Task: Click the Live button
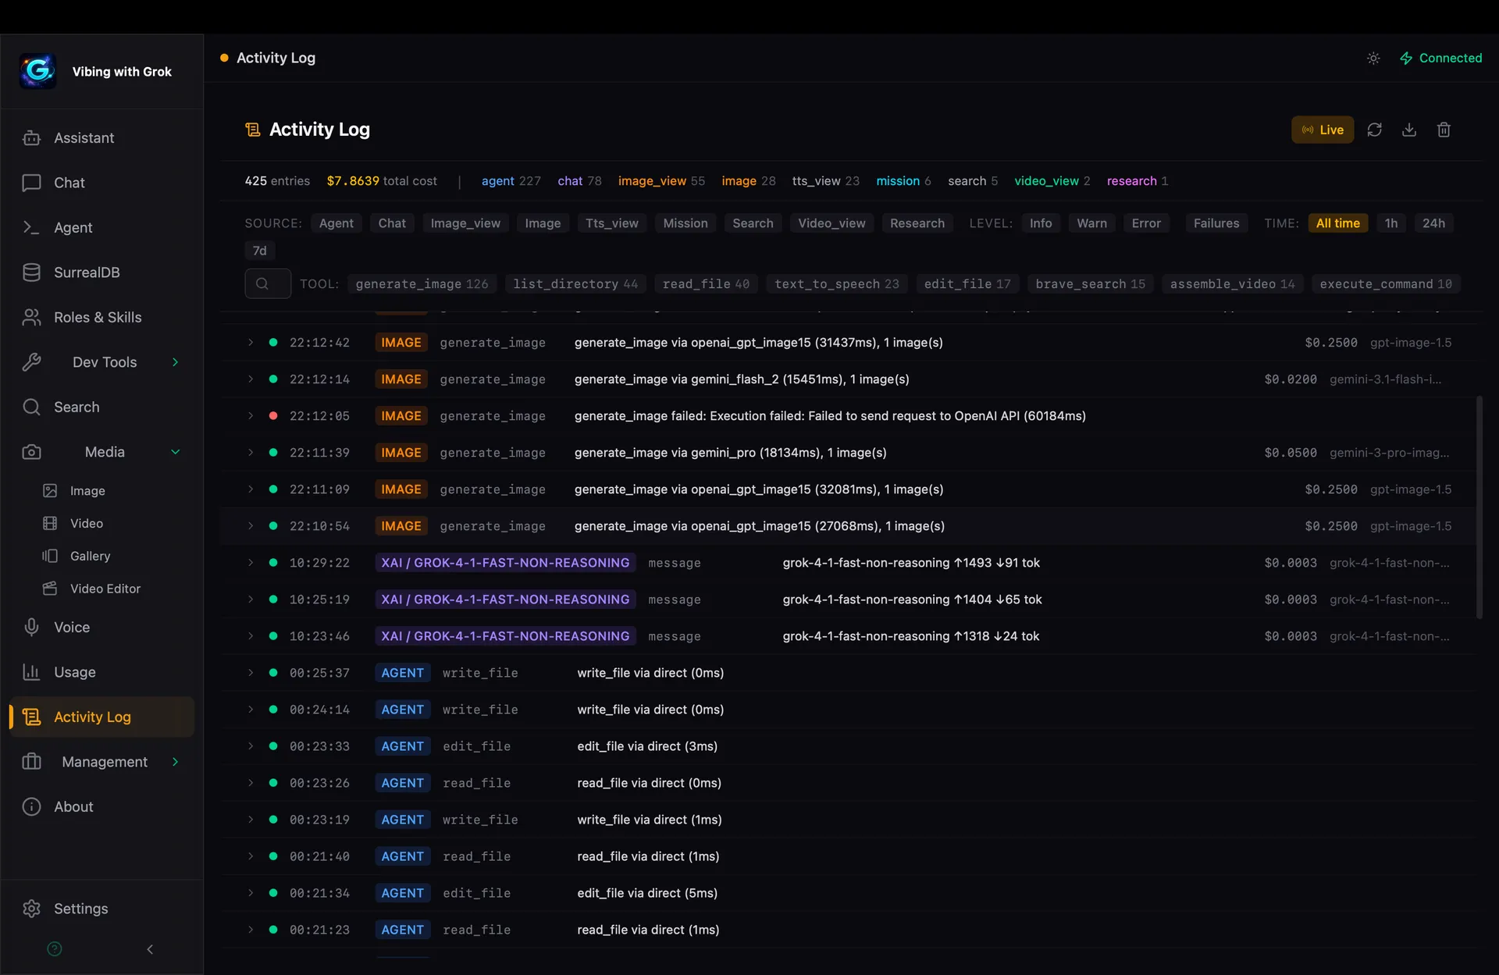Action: [1323, 130]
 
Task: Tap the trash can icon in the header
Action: [1444, 130]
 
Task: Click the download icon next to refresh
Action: [1408, 130]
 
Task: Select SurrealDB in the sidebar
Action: [86, 272]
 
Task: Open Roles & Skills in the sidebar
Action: [97, 317]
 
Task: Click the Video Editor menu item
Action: [105, 589]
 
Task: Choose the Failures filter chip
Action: [1216, 223]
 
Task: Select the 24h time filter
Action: [1433, 223]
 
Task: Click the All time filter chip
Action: [1337, 223]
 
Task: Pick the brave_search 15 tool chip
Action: [1090, 284]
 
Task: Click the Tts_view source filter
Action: [611, 223]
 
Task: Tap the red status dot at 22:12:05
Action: [273, 416]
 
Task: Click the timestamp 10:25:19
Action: [319, 600]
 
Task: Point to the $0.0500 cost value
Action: [1290, 453]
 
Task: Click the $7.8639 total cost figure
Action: [353, 181]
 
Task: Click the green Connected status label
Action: [1449, 59]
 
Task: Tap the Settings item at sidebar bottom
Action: [80, 909]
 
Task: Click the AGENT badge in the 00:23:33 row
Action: [402, 746]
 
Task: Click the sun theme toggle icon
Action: [1373, 59]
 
